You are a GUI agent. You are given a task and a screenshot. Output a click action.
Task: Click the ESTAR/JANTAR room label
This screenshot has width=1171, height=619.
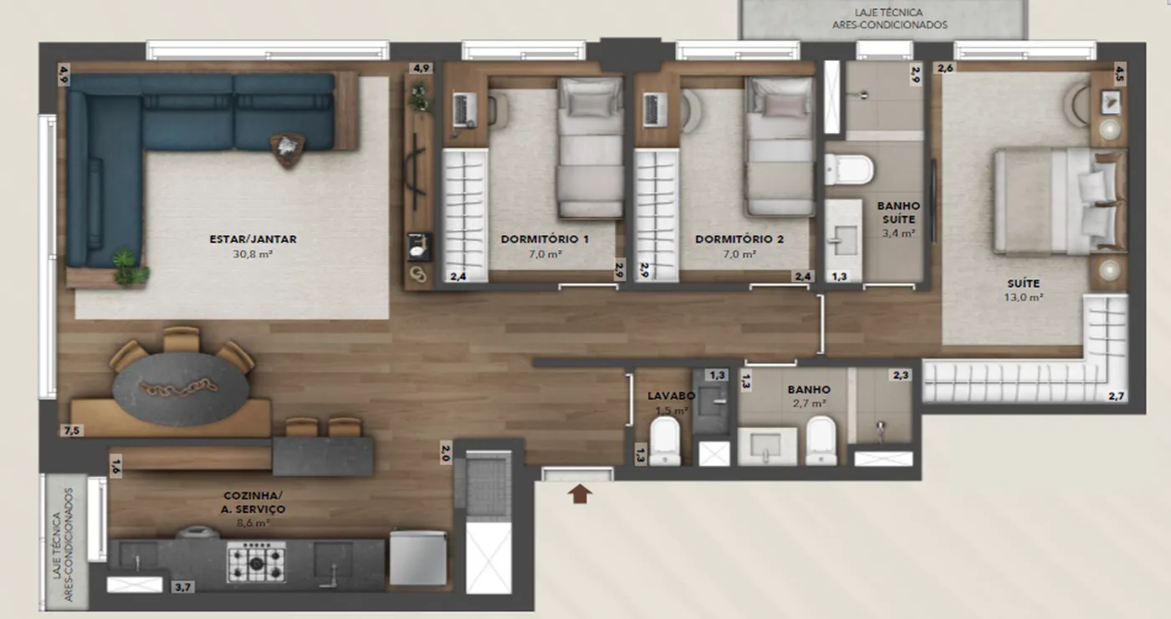pyautogui.click(x=253, y=239)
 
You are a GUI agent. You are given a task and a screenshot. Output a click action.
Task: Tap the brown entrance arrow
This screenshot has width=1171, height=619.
pyautogui.click(x=580, y=494)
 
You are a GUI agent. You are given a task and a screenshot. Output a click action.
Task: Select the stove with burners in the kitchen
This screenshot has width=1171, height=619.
pyautogui.click(x=256, y=562)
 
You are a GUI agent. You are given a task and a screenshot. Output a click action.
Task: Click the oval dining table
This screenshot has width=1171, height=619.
pyautogui.click(x=181, y=388)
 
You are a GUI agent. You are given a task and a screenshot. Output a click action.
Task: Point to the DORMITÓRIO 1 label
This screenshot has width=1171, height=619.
pyautogui.click(x=545, y=239)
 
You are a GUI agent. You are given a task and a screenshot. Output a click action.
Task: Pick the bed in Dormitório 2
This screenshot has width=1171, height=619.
pyautogui.click(x=779, y=146)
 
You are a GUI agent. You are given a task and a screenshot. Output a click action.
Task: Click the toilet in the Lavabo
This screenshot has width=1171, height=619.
pyautogui.click(x=665, y=440)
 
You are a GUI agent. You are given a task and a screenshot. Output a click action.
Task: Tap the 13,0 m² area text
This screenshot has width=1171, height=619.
pyautogui.click(x=1023, y=298)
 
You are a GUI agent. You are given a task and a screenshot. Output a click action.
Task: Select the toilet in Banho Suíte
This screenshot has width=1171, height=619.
pyautogui.click(x=849, y=169)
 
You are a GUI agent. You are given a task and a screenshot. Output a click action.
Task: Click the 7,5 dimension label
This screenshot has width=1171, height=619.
pyautogui.click(x=72, y=430)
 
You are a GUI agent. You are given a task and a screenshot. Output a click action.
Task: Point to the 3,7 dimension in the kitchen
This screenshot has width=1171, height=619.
pyautogui.click(x=182, y=587)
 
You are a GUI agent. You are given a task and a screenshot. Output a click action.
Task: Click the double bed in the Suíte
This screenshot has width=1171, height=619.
pyautogui.click(x=1060, y=202)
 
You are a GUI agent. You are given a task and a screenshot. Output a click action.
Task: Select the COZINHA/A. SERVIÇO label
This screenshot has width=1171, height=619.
pyautogui.click(x=253, y=502)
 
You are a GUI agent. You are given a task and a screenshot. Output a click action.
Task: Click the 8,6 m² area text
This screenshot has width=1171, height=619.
pyautogui.click(x=253, y=523)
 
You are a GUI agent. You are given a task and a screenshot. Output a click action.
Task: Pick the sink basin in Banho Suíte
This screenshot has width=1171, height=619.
pyautogui.click(x=843, y=241)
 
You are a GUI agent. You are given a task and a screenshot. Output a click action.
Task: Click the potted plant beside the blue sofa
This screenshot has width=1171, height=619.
pyautogui.click(x=129, y=267)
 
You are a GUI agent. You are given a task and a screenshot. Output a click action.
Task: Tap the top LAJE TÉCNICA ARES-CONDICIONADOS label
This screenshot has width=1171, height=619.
pyautogui.click(x=889, y=18)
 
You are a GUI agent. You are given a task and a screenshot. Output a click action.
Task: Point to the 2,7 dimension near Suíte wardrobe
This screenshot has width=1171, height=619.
pyautogui.click(x=1116, y=396)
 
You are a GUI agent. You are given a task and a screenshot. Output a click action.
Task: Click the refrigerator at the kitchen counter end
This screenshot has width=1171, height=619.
pyautogui.click(x=418, y=559)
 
